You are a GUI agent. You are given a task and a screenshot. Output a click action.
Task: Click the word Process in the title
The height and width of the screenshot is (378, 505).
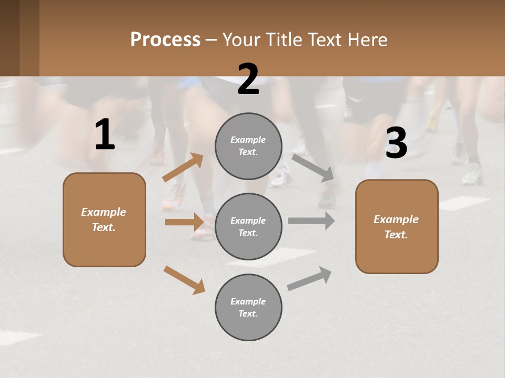click(x=165, y=40)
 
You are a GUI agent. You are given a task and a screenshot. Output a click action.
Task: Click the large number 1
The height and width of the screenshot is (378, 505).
click(x=105, y=135)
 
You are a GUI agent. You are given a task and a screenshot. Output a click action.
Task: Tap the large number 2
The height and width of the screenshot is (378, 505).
click(x=248, y=79)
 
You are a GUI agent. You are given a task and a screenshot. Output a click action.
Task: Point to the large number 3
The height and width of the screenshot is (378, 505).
click(x=396, y=143)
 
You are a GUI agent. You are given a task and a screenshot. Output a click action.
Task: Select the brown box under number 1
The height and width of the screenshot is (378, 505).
click(x=104, y=219)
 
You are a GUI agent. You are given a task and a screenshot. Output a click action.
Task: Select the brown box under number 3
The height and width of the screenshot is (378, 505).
click(x=397, y=226)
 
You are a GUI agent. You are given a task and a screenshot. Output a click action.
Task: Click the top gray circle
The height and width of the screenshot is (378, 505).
click(x=248, y=146)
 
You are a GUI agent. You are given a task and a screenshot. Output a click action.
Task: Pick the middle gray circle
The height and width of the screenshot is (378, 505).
click(x=248, y=226)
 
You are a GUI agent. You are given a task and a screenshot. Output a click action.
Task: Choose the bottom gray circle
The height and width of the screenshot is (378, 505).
click(x=248, y=307)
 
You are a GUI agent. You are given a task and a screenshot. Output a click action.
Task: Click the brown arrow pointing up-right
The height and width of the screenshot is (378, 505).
click(x=183, y=167)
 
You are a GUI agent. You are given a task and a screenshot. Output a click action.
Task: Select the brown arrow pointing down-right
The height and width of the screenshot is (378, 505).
click(x=184, y=280)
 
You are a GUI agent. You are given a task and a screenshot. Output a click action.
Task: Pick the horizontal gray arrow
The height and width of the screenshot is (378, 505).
click(x=311, y=221)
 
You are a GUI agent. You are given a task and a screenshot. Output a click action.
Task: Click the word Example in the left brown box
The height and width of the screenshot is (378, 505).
click(x=104, y=212)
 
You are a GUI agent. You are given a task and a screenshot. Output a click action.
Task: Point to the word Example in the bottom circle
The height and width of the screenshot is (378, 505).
click(x=248, y=301)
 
